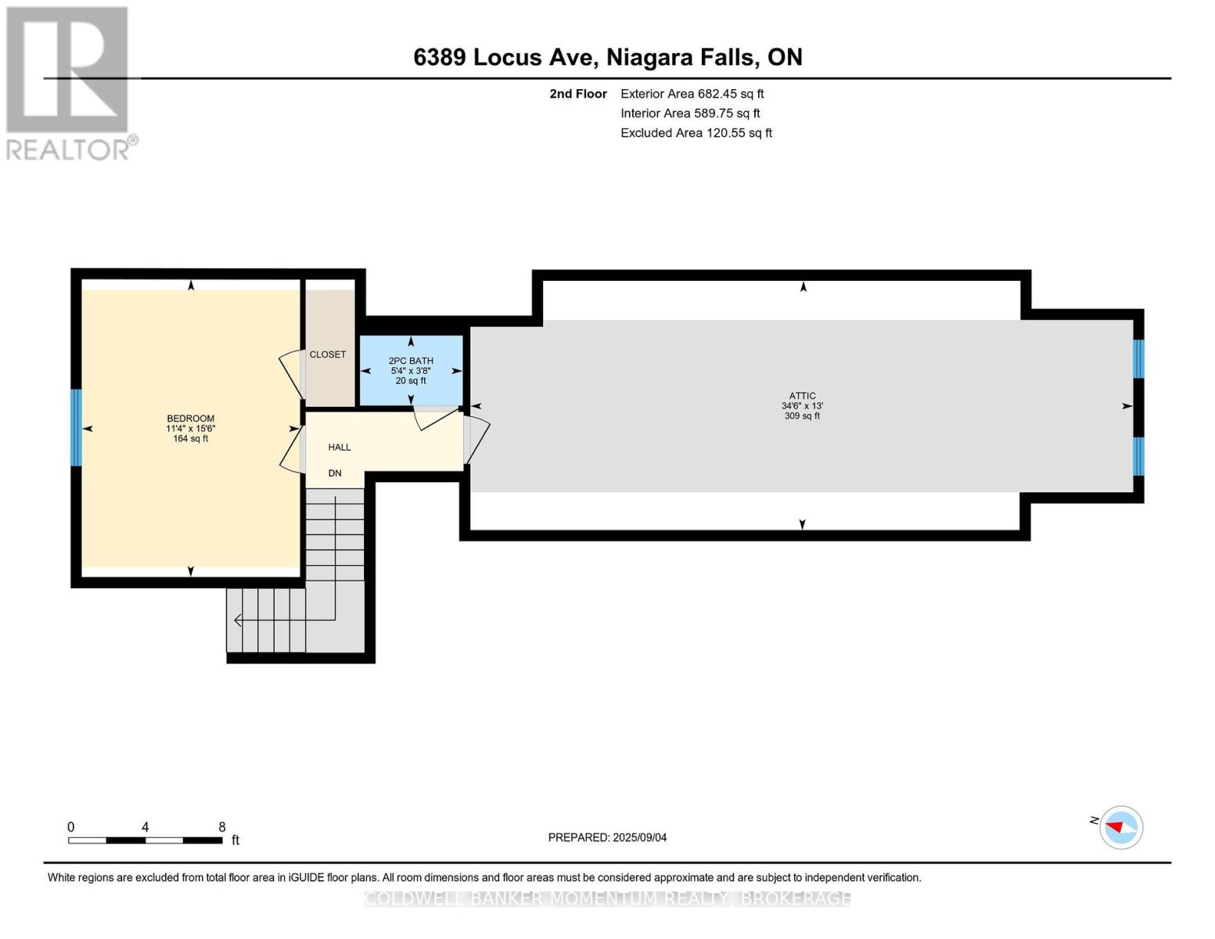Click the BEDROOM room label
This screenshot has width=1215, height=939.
click(190, 419)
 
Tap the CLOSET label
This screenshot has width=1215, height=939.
click(327, 354)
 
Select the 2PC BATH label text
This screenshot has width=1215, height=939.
click(411, 361)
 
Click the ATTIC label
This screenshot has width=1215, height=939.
click(802, 396)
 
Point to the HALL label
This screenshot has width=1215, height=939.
click(339, 448)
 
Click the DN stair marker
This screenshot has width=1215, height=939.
click(335, 473)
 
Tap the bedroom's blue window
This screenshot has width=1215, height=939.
click(76, 427)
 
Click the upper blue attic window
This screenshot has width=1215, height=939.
click(1138, 358)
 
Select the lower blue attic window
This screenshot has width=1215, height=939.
click(1138, 456)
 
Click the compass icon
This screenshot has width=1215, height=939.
click(1120, 827)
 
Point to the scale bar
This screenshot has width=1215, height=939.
click(145, 840)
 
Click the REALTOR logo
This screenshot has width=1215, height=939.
click(69, 82)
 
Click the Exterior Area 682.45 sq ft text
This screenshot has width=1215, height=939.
click(692, 94)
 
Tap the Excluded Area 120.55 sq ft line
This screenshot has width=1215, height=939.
click(696, 133)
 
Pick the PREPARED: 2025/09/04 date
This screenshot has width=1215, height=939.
click(607, 837)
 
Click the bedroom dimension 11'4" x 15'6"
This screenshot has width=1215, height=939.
click(190, 429)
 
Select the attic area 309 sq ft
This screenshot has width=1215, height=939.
click(802, 416)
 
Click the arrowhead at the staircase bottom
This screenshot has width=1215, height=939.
click(237, 621)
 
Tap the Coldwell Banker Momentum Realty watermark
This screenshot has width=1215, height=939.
click(607, 898)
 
